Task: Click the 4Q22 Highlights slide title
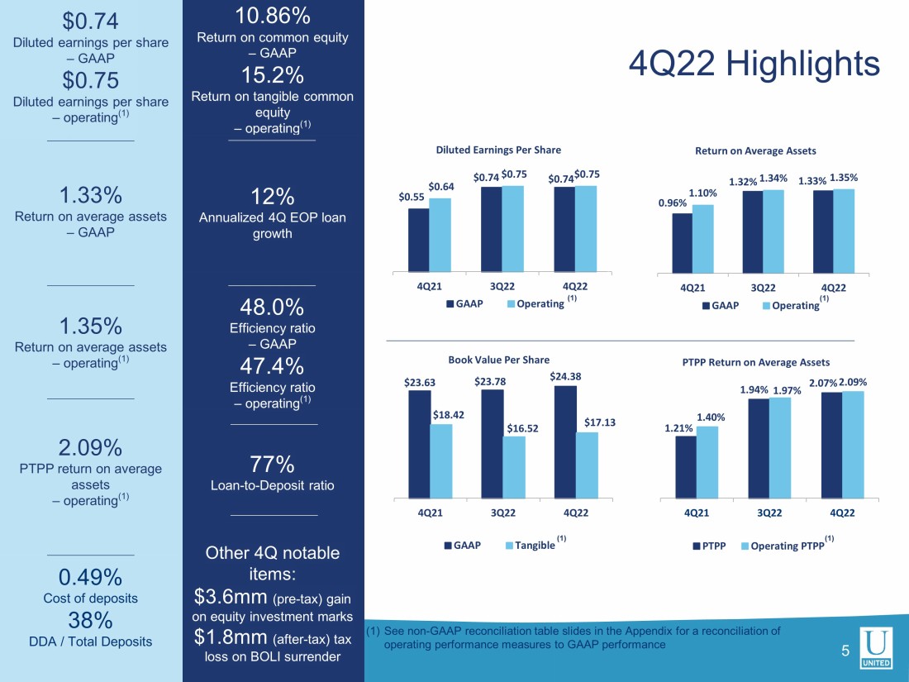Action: pyautogui.click(x=754, y=64)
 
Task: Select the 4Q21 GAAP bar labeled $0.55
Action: pyautogui.click(x=418, y=240)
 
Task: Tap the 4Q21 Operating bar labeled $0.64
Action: pyautogui.click(x=440, y=235)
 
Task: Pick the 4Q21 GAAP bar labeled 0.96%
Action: pyautogui.click(x=682, y=242)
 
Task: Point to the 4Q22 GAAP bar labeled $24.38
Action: pyautogui.click(x=564, y=442)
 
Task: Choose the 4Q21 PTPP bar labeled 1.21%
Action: pyautogui.click(x=685, y=467)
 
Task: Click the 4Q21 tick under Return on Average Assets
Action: pyautogui.click(x=692, y=288)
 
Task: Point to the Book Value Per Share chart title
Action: pyautogui.click(x=498, y=360)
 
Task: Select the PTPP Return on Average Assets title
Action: pyautogui.click(x=755, y=362)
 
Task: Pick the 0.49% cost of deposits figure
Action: pyautogui.click(x=90, y=576)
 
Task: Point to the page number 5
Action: pyautogui.click(x=845, y=651)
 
